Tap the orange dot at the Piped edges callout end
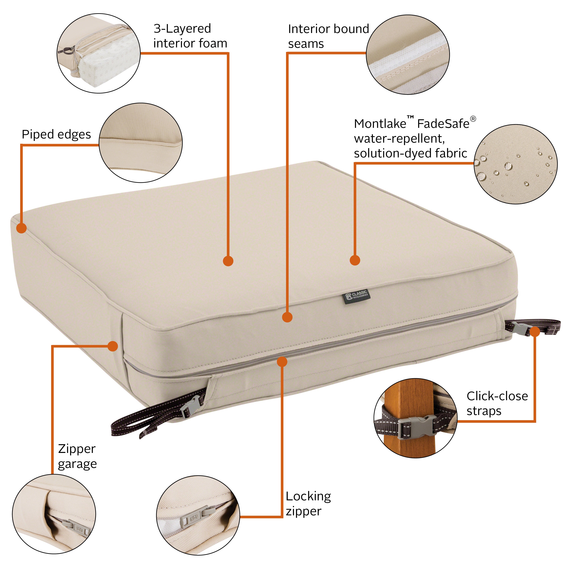(x=21, y=228)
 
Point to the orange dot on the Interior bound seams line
(x=287, y=317)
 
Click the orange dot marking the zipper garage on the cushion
(x=113, y=346)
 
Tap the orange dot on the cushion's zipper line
(x=282, y=362)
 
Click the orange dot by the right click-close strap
(x=535, y=332)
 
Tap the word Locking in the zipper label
(x=308, y=497)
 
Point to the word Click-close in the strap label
(x=497, y=396)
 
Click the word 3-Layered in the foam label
(x=182, y=29)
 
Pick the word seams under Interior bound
(x=306, y=44)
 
